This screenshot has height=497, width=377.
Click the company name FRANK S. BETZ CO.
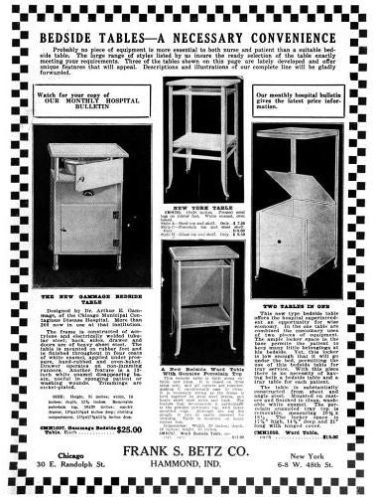(x=188, y=451)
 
